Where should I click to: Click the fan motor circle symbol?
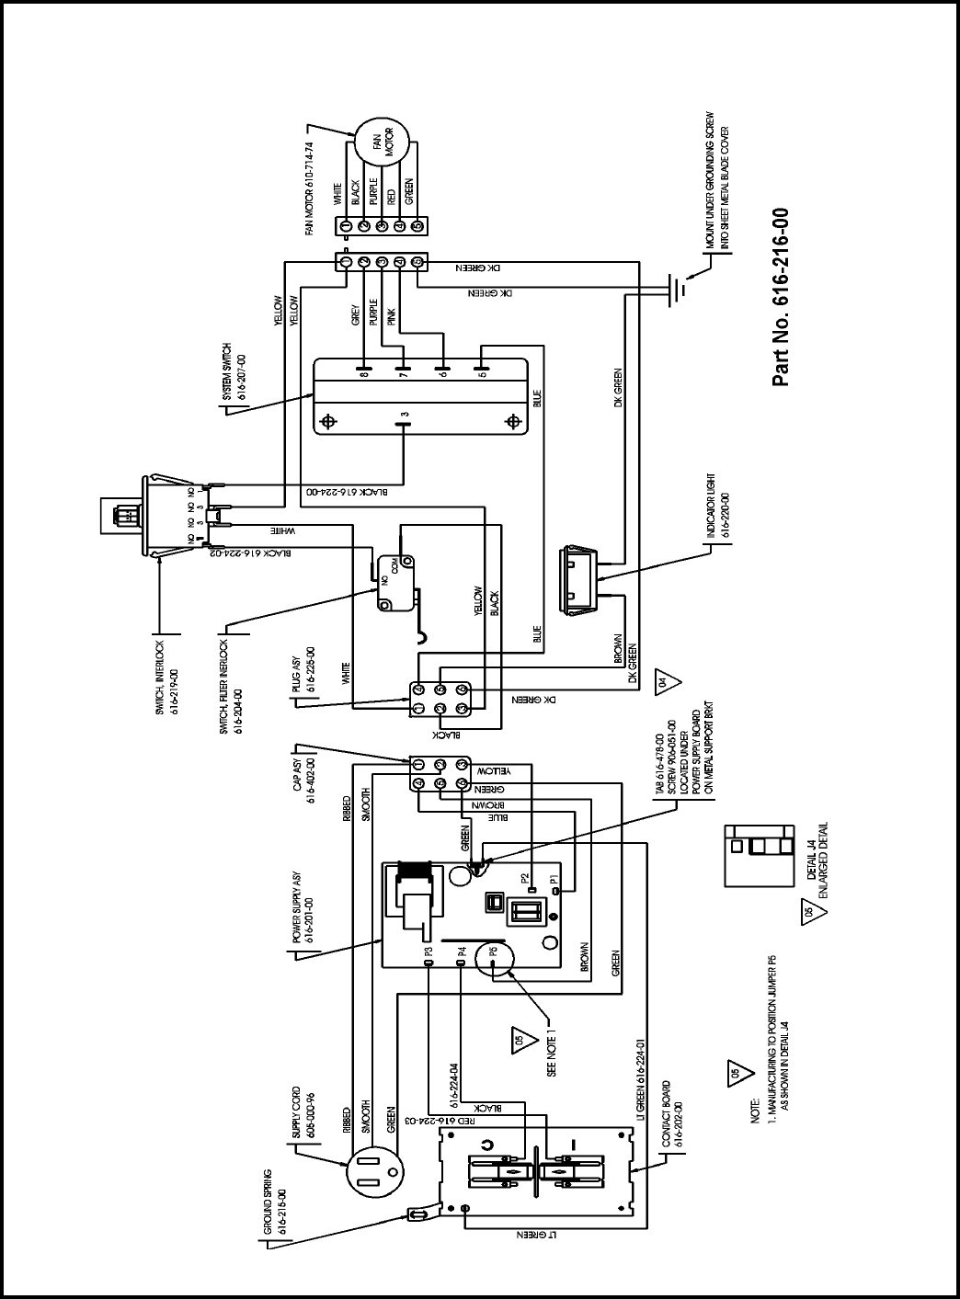382,146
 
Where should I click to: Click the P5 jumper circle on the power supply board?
494,957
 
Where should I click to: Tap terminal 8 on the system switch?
365,373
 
